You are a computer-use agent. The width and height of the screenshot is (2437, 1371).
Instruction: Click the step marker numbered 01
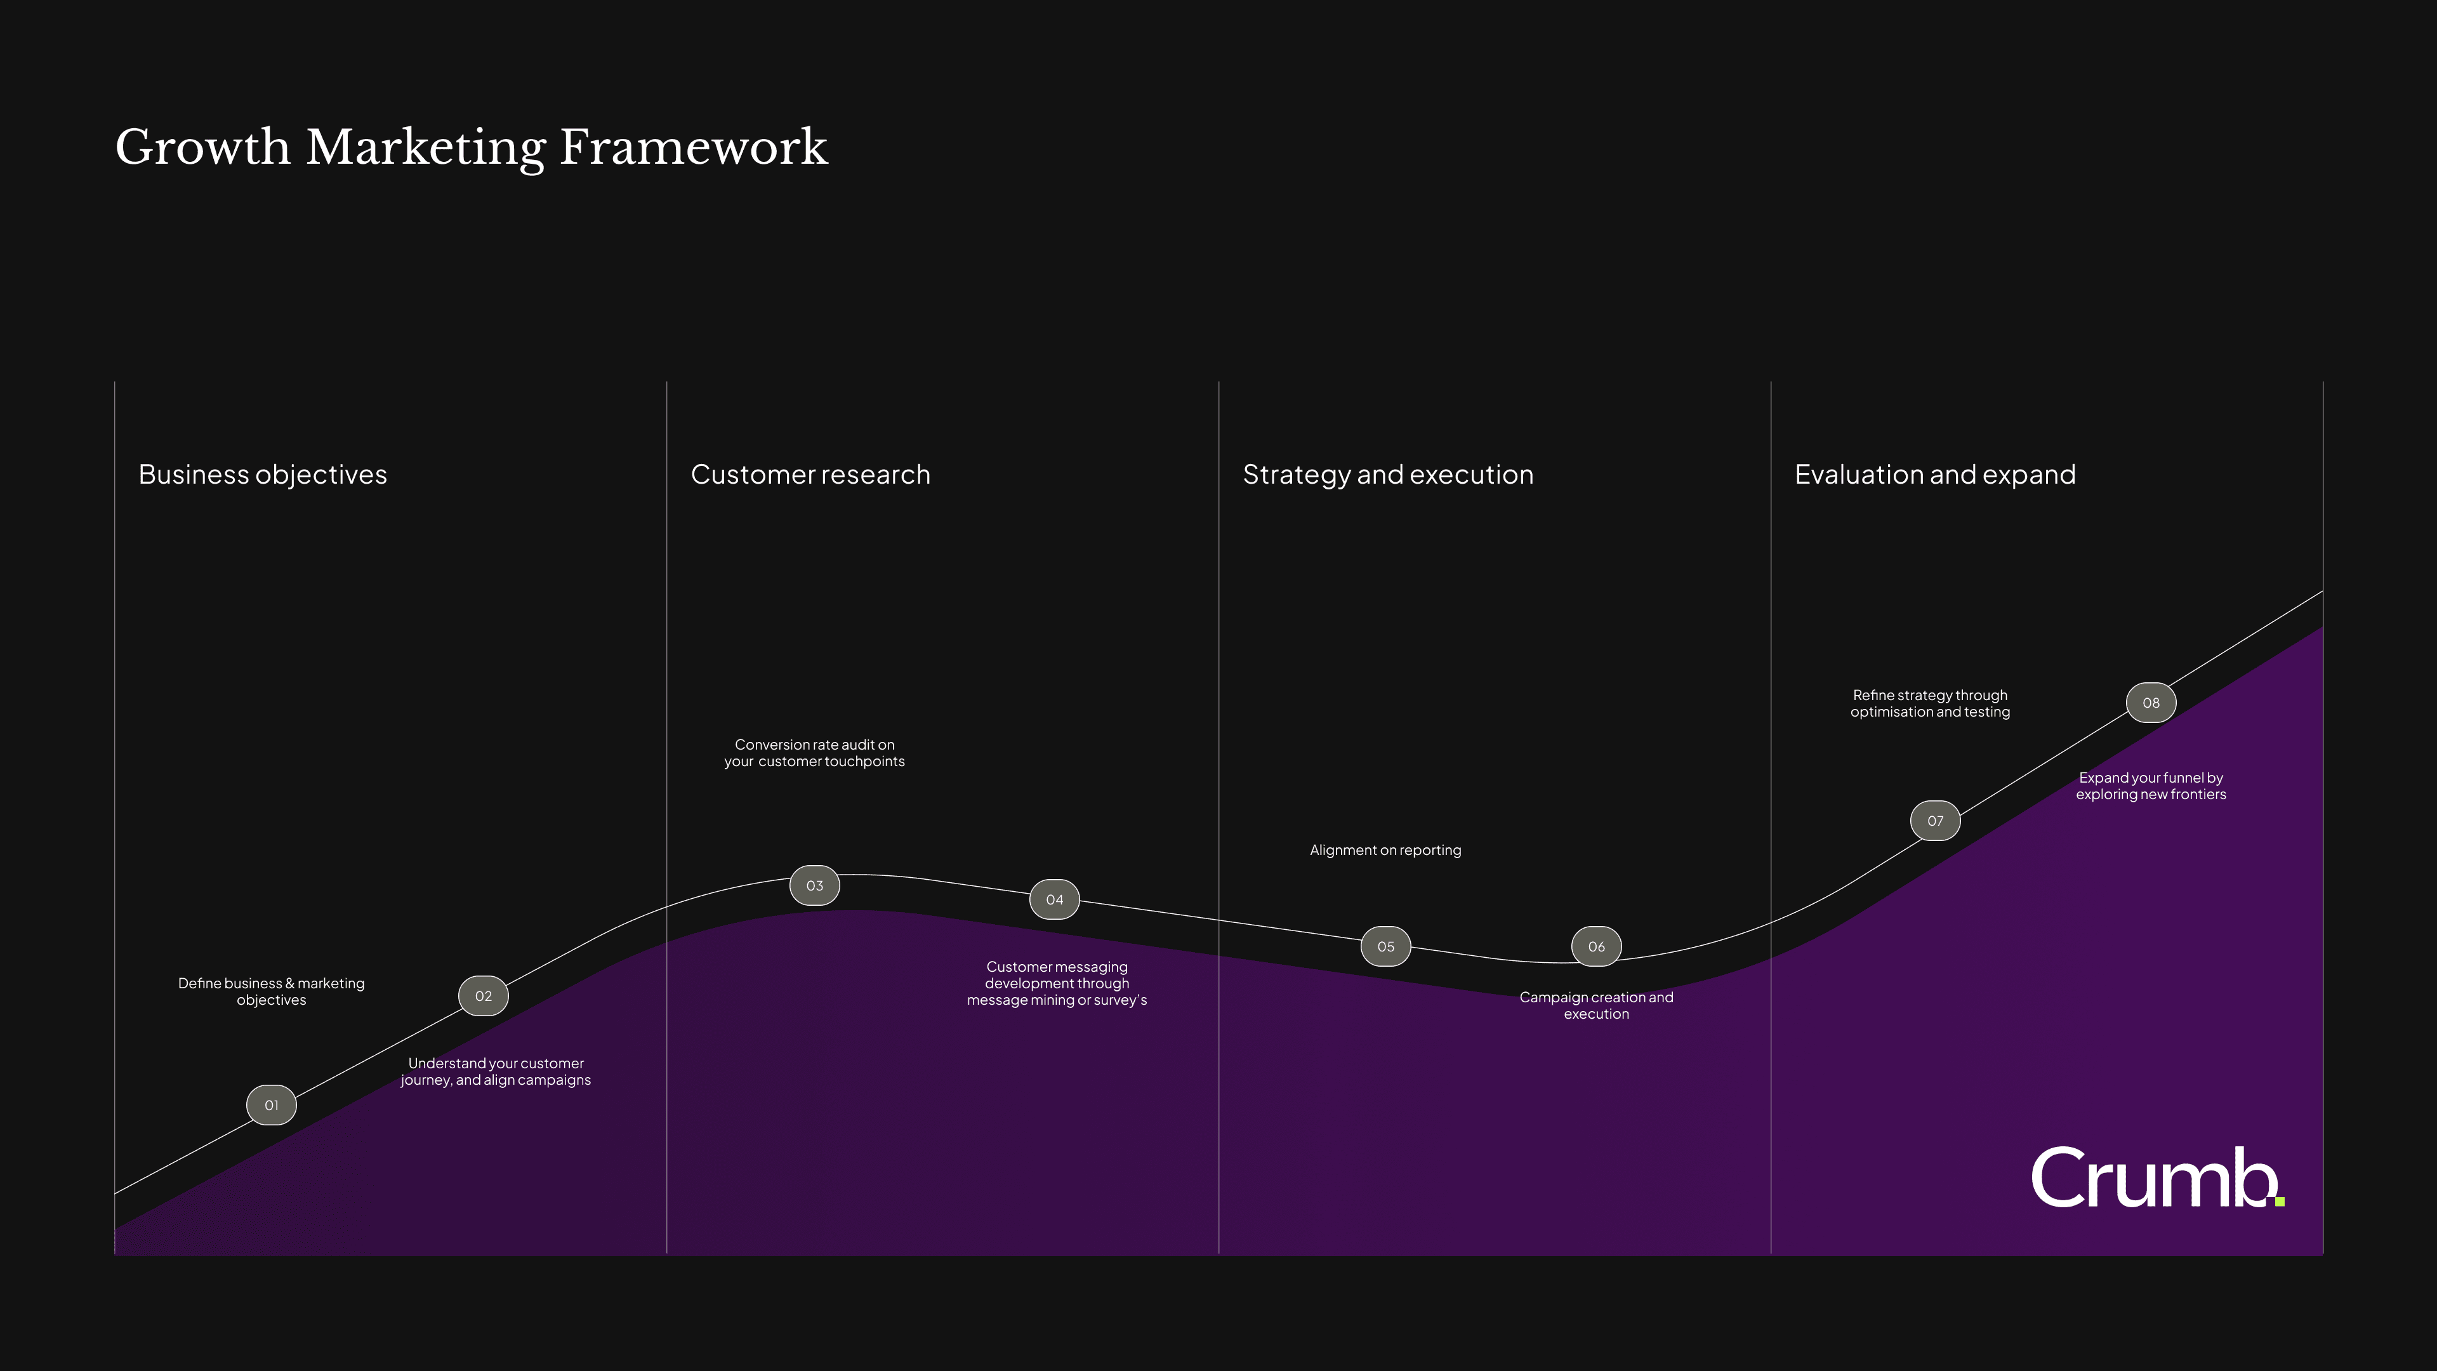pos(272,1105)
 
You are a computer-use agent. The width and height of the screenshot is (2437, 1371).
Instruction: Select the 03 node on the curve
pos(814,885)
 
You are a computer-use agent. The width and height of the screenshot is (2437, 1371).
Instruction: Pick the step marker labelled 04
pos(1055,900)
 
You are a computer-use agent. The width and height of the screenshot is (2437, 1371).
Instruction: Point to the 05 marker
pos(1386,946)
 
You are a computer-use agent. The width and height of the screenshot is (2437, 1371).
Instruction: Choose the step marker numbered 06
pos(1597,946)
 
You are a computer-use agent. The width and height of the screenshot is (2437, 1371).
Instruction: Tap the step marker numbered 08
pos(2151,703)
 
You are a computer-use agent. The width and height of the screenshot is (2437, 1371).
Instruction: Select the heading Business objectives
pos(263,474)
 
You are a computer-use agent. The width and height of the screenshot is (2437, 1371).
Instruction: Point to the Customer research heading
pos(811,474)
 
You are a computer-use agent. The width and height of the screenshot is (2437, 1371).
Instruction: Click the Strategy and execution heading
pos(1388,474)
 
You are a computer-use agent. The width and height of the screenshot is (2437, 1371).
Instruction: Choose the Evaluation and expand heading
pos(1936,474)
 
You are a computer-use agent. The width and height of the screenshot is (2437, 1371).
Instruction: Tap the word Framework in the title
pos(694,148)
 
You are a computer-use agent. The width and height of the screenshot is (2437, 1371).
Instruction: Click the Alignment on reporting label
pos(1386,851)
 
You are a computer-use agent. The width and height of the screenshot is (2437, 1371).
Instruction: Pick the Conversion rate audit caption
pos(814,753)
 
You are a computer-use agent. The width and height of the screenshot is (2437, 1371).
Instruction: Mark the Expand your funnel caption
pos(2151,786)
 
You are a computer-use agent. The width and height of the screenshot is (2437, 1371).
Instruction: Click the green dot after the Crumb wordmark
pos(2280,1202)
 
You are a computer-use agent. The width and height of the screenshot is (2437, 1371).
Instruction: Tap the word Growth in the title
pos(202,148)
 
